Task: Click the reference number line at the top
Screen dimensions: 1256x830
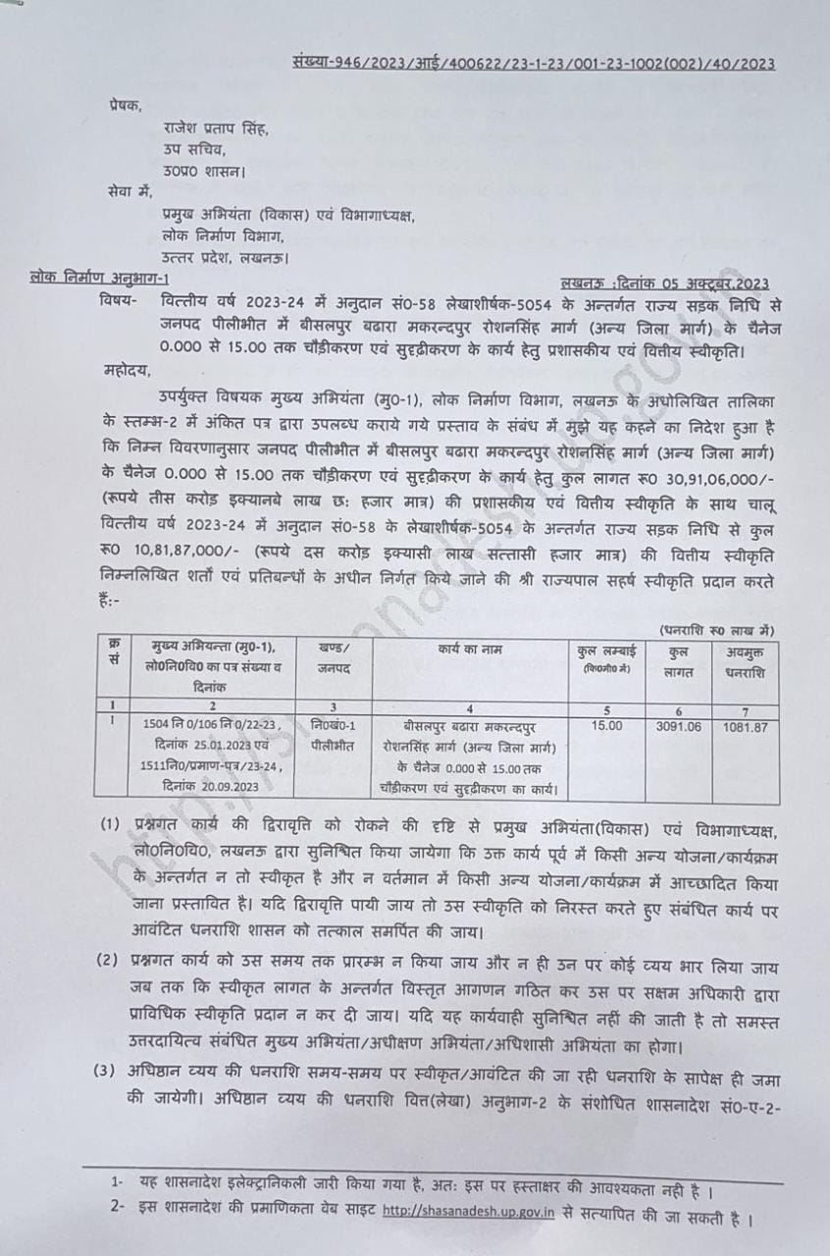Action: [534, 64]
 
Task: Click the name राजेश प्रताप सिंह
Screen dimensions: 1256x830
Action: [215, 129]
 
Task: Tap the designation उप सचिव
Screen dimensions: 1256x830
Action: [194, 149]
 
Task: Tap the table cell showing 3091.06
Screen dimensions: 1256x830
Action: [678, 726]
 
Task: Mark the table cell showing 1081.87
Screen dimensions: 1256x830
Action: [746, 726]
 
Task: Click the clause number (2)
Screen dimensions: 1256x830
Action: [108, 958]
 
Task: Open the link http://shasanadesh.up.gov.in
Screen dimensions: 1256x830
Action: [469, 1212]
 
